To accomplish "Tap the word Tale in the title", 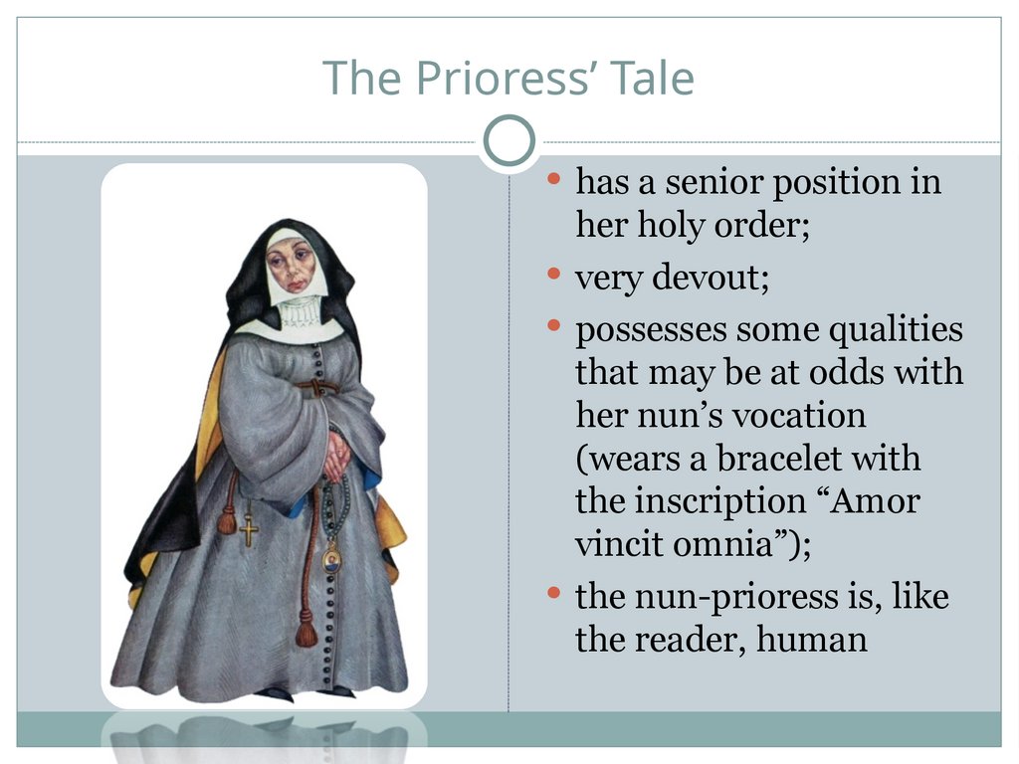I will point(652,78).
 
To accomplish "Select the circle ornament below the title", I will point(509,141).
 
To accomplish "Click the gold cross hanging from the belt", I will point(248,527).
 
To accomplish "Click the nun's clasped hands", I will point(336,455).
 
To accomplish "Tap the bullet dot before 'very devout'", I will point(554,274).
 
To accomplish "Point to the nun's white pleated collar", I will point(298,311).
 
